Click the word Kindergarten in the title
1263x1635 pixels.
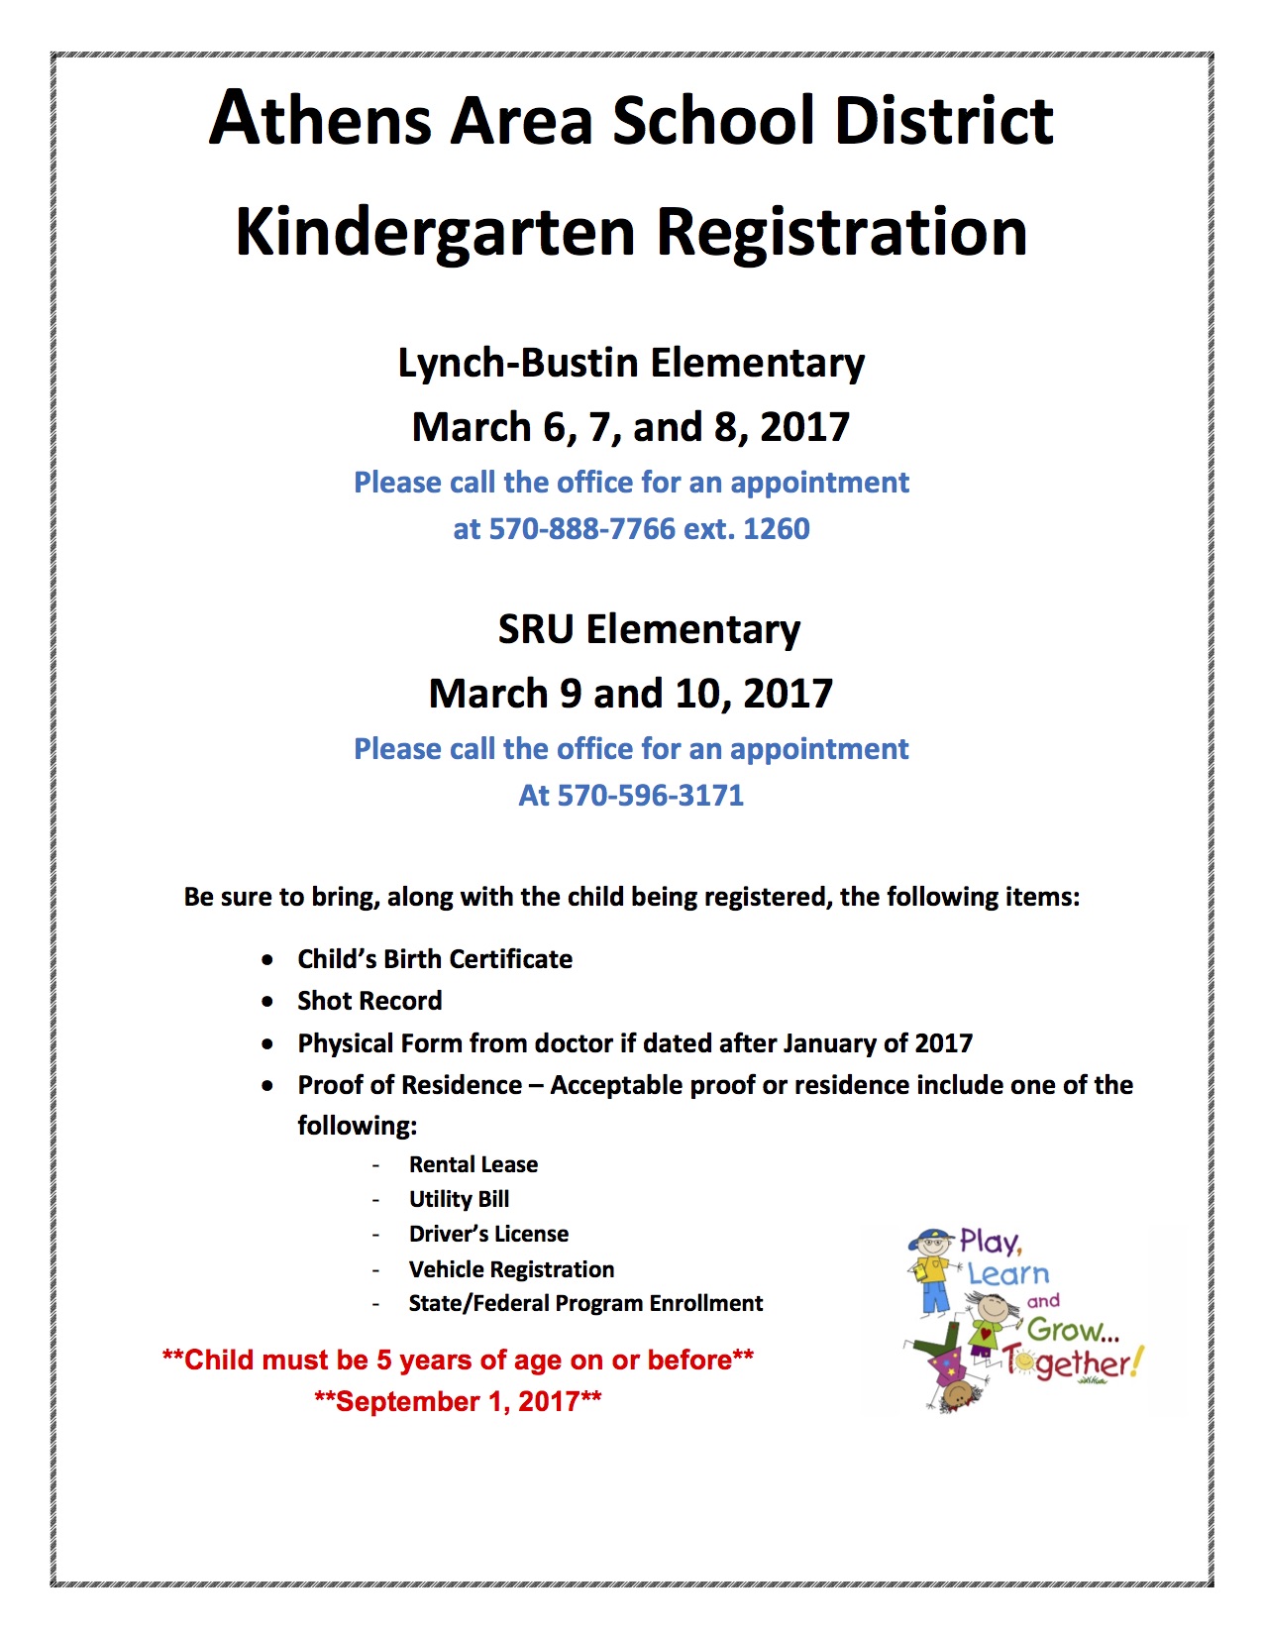point(435,233)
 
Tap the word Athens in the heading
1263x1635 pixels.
point(321,119)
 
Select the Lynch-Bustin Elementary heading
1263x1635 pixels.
point(631,364)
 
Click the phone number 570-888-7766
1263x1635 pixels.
point(581,529)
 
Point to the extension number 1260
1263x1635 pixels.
point(777,529)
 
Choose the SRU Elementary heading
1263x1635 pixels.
point(649,630)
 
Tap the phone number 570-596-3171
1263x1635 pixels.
point(650,796)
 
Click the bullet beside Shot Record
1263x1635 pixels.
point(267,1002)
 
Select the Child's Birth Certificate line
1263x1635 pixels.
point(435,959)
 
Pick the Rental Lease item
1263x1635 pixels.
point(474,1164)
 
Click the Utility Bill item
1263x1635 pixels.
point(459,1199)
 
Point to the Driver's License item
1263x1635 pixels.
point(488,1234)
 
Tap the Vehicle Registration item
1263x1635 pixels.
point(511,1269)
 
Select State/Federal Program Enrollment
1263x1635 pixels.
point(585,1303)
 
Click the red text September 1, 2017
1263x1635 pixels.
point(458,1401)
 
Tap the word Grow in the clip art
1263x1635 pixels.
point(1066,1329)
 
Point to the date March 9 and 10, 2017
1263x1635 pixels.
point(631,694)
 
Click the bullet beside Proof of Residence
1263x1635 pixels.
point(267,1086)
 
